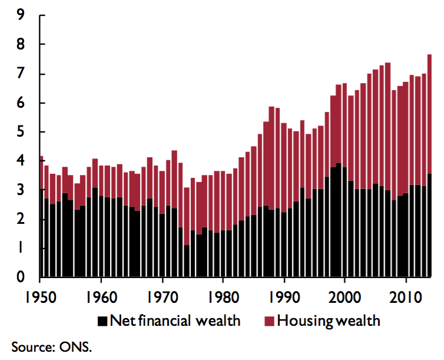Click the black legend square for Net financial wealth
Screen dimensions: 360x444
103,321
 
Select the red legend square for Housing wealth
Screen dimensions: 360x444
269,321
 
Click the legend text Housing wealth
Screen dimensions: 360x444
329,321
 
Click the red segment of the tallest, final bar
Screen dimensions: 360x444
429,112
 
